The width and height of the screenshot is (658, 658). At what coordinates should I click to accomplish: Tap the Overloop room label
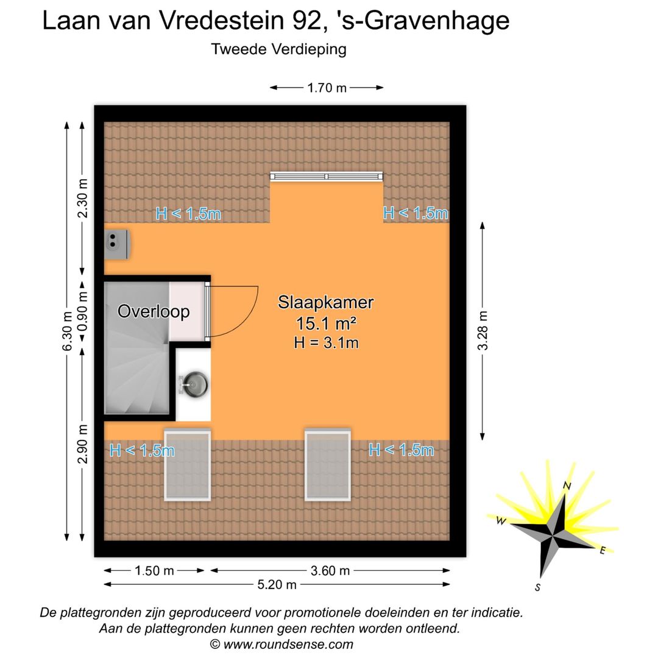pyautogui.click(x=154, y=311)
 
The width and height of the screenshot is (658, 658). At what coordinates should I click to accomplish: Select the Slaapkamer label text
pyautogui.click(x=326, y=302)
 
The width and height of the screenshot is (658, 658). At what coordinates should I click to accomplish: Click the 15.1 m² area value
pyautogui.click(x=326, y=323)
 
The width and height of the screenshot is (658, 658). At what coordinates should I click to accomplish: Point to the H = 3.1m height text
pyautogui.click(x=326, y=342)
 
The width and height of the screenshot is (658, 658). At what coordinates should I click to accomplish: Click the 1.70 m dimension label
pyautogui.click(x=327, y=88)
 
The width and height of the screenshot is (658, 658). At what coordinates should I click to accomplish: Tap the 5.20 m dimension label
pyautogui.click(x=277, y=585)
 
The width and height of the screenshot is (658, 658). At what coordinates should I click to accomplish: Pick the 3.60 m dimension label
pyautogui.click(x=330, y=570)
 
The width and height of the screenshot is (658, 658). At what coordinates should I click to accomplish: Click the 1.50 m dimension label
pyautogui.click(x=154, y=570)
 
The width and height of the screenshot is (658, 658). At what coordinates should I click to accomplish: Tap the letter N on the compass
pyautogui.click(x=567, y=486)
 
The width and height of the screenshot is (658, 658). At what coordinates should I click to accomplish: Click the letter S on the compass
pyautogui.click(x=538, y=587)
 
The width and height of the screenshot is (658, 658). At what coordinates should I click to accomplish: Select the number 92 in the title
pyautogui.click(x=301, y=21)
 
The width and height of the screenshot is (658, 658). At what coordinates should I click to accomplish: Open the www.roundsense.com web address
pyautogui.click(x=288, y=644)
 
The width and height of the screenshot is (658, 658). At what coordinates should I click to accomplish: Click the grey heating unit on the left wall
pyautogui.click(x=117, y=243)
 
